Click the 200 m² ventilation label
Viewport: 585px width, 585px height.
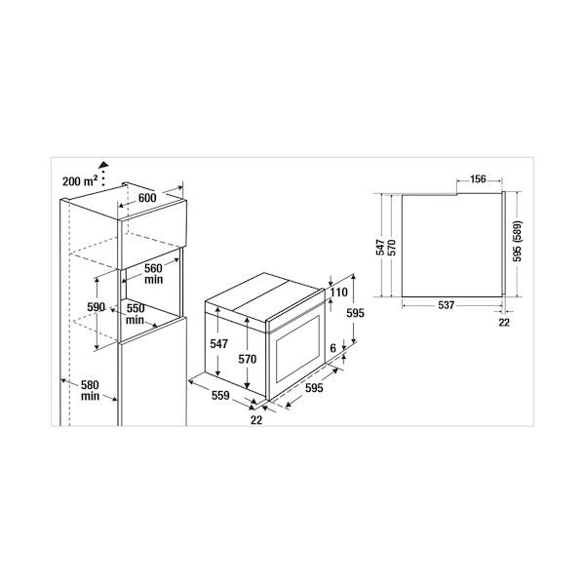[80, 181]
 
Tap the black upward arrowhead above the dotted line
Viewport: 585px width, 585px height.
[103, 165]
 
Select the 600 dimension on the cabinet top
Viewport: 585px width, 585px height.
[147, 198]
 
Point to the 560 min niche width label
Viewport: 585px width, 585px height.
[154, 274]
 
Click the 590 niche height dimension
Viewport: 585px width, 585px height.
[97, 307]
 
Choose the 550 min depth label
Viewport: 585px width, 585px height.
[136, 314]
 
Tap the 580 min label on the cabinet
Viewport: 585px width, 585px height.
[90, 390]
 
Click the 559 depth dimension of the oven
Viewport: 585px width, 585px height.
[220, 396]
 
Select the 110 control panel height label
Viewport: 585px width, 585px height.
[338, 292]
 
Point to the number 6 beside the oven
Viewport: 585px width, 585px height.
[332, 348]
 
